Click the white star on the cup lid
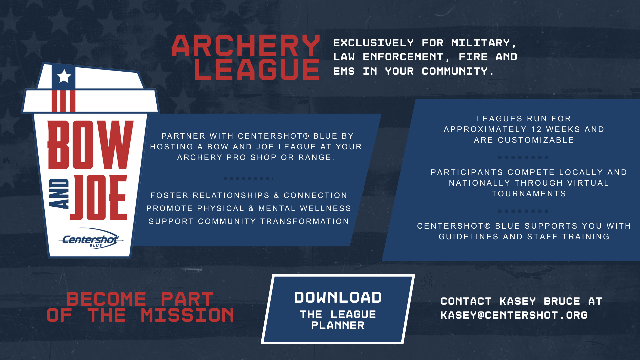pos(64,76)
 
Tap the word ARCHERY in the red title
pos(246,46)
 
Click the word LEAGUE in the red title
pos(257,70)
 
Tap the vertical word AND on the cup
pos(59,193)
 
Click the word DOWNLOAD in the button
pos(338,297)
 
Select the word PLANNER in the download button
pos(338,325)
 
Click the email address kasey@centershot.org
pos(514,315)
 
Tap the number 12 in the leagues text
pos(536,129)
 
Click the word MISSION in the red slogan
pos(187,315)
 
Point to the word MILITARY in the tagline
pos(481,43)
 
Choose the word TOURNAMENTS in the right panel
pos(529,194)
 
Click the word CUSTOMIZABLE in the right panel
pos(536,140)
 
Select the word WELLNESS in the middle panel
pos(325,208)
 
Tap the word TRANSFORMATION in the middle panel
pos(304,221)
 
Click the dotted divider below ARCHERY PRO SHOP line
pos(248,178)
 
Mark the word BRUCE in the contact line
pos(562,301)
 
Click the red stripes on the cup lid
pos(63,101)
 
